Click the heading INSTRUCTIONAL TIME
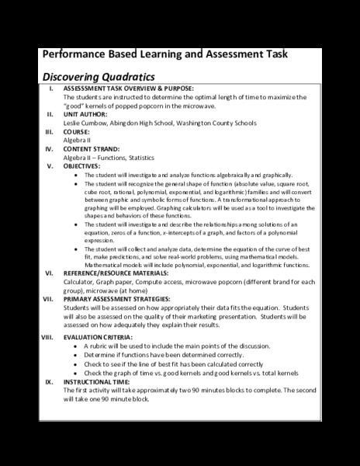[99, 381]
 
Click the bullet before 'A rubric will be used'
[74, 347]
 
